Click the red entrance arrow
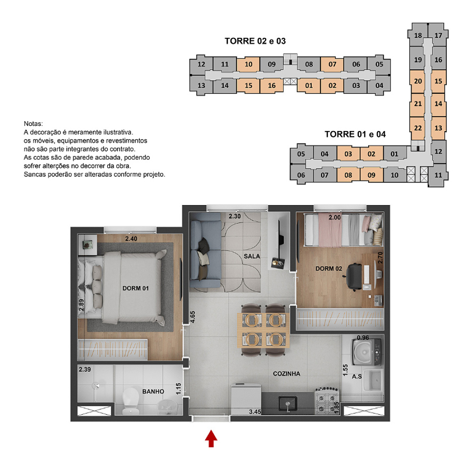(x=211, y=439)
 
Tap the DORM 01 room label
(x=136, y=288)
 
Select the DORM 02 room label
(x=329, y=269)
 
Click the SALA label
(x=252, y=256)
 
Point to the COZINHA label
(x=286, y=374)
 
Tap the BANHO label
(x=153, y=392)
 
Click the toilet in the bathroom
(x=130, y=401)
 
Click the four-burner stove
(x=327, y=401)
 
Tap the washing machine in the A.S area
(x=367, y=352)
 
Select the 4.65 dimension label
(x=193, y=317)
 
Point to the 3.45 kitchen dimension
(x=255, y=412)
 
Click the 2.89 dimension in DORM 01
(x=81, y=305)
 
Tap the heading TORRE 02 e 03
(x=255, y=41)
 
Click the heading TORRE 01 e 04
(x=355, y=134)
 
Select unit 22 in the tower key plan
(x=418, y=128)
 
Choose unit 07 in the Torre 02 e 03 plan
(x=332, y=64)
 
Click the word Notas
(x=33, y=124)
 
